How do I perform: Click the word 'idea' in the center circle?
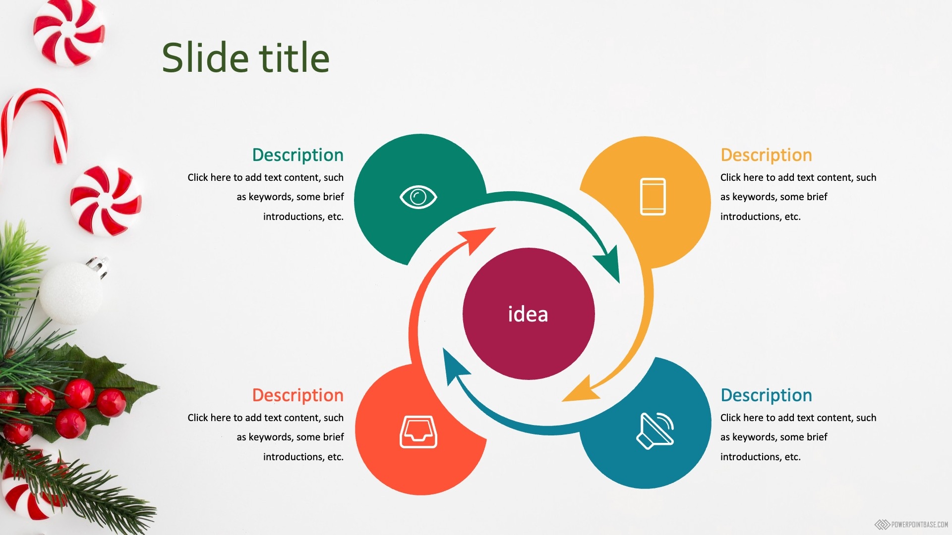coord(528,314)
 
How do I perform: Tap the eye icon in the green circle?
coord(418,197)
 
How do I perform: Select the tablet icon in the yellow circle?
coord(653,197)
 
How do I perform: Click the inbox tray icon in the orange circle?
coord(418,432)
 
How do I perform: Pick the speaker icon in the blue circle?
coord(655,430)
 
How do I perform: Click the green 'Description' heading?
coord(297,155)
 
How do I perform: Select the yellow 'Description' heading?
coord(766,155)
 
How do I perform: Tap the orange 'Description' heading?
coord(297,395)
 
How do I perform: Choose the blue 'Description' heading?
coord(766,395)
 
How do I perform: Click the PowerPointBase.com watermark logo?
coord(911,524)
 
